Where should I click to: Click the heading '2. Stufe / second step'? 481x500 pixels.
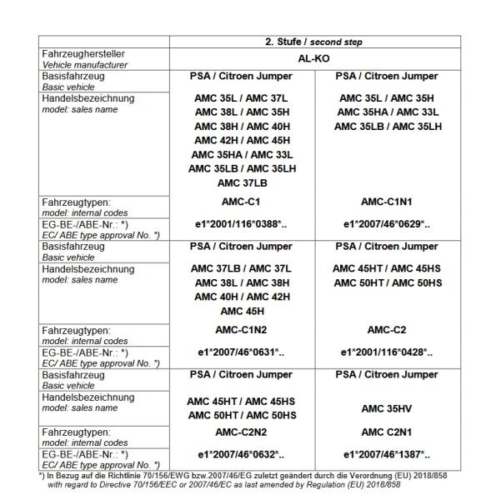[314, 42]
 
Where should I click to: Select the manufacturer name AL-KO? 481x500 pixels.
[314, 60]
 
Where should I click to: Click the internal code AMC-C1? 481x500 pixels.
[241, 202]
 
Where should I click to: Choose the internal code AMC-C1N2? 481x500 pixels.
[241, 331]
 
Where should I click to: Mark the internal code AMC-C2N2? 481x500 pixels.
[241, 433]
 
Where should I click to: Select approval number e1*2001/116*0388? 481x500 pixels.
[241, 224]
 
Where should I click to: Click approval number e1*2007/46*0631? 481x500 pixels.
[241, 353]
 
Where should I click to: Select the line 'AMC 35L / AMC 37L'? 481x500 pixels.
[241, 97]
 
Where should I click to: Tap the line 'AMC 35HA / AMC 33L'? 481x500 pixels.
[241, 154]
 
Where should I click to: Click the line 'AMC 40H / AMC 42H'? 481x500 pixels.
[241, 296]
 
